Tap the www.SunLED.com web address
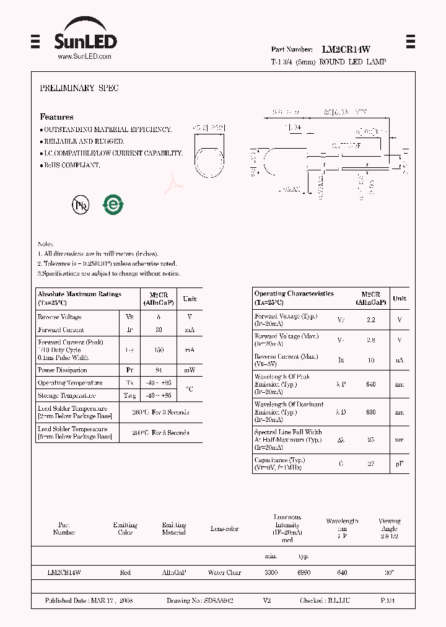click(x=84, y=56)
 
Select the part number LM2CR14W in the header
click(x=346, y=49)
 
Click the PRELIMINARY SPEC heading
click(x=79, y=89)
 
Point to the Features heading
click(x=56, y=116)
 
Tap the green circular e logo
click(x=113, y=204)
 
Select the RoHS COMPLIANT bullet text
click(x=71, y=165)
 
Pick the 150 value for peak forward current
click(x=159, y=350)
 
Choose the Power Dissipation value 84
click(x=159, y=370)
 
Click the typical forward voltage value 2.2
click(x=371, y=320)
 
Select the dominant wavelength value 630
click(x=371, y=412)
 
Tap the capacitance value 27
click(x=371, y=463)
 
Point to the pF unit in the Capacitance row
click(x=400, y=463)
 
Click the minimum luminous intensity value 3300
click(x=271, y=573)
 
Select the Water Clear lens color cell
click(x=224, y=573)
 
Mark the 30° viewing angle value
click(x=389, y=573)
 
